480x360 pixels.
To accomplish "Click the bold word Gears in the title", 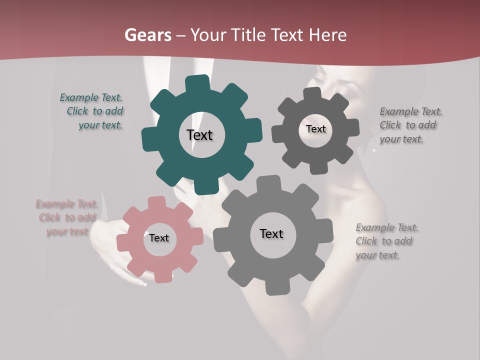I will (x=147, y=35).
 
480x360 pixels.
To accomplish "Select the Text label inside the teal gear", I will (x=199, y=135).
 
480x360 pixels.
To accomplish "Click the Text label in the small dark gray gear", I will (x=315, y=129).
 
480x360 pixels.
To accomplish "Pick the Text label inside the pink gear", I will (x=159, y=238).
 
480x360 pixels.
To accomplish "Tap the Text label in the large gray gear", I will (x=271, y=233).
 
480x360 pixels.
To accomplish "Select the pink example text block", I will (x=66, y=217).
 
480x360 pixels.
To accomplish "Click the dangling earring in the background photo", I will (x=373, y=145).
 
